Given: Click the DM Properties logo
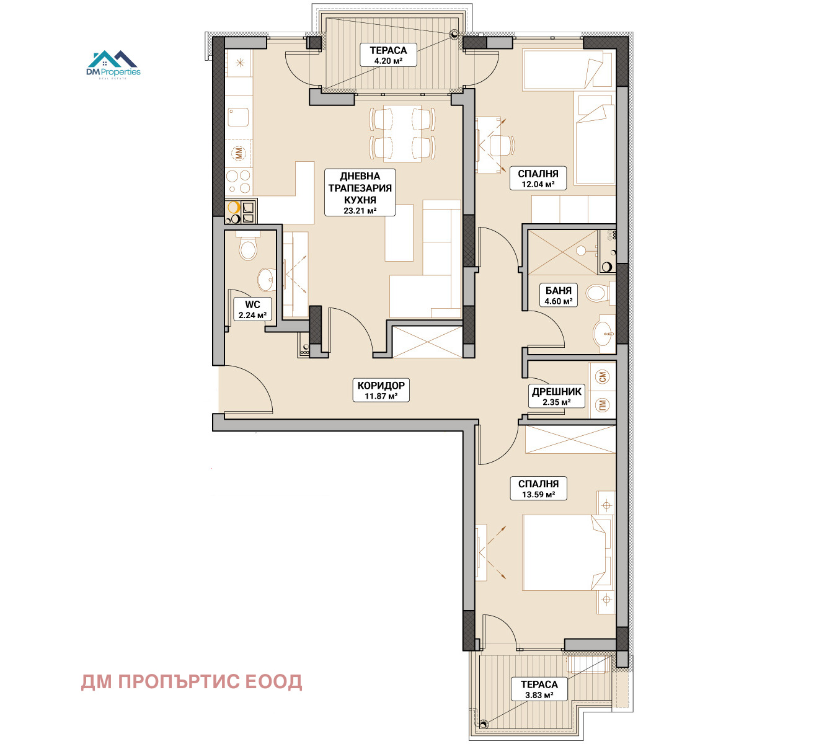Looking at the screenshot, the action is coord(113,65).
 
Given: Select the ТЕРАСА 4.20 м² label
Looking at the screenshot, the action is coord(388,55).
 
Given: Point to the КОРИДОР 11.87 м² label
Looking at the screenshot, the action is coord(381,391).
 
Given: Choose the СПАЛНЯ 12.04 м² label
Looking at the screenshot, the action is coord(538,179).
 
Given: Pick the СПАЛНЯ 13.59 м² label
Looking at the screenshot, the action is coord(538,489).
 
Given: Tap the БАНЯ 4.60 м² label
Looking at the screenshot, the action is coord(558,295).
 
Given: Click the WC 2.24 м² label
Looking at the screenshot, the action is coord(252,309).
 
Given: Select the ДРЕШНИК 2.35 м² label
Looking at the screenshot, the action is coord(557,396).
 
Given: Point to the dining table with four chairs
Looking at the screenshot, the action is coord(402,133).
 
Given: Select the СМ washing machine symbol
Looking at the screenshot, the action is coord(603,376).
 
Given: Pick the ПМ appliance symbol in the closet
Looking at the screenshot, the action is coord(603,405).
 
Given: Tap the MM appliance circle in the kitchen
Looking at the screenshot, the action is coord(238,154).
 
